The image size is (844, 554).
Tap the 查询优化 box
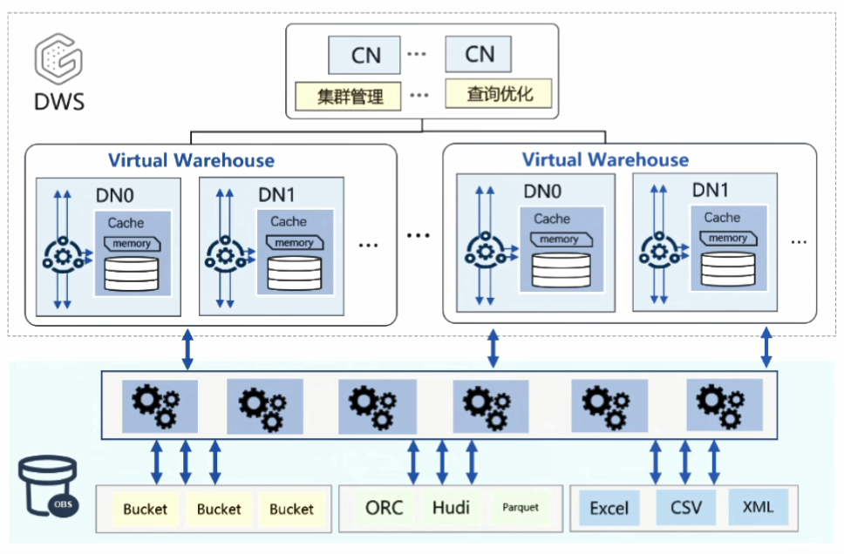coord(499,93)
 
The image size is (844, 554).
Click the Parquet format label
coord(521,507)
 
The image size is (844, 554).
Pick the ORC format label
coord(385,507)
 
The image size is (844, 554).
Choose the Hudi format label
coord(451,507)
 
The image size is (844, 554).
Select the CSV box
coord(686,507)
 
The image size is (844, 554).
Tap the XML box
coord(758,506)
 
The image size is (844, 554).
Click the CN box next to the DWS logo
coord(365,55)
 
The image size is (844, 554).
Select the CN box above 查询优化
coord(479,54)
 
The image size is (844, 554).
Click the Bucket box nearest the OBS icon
coord(146,509)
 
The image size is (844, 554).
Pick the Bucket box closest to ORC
coord(291,509)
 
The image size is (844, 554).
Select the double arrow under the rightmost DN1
coord(767,348)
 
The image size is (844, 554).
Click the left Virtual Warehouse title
coord(191,160)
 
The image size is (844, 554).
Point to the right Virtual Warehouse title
coord(605,160)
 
